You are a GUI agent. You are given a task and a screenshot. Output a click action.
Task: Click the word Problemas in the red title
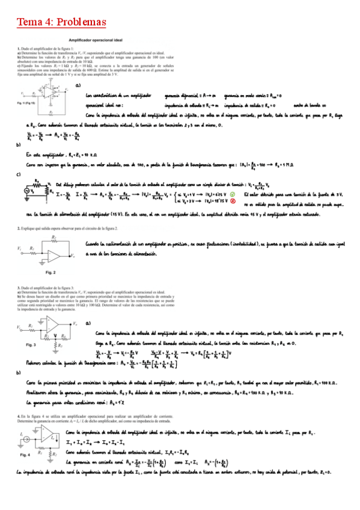tap(80, 22)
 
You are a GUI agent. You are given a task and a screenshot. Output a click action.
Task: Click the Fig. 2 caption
tap(50, 272)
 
